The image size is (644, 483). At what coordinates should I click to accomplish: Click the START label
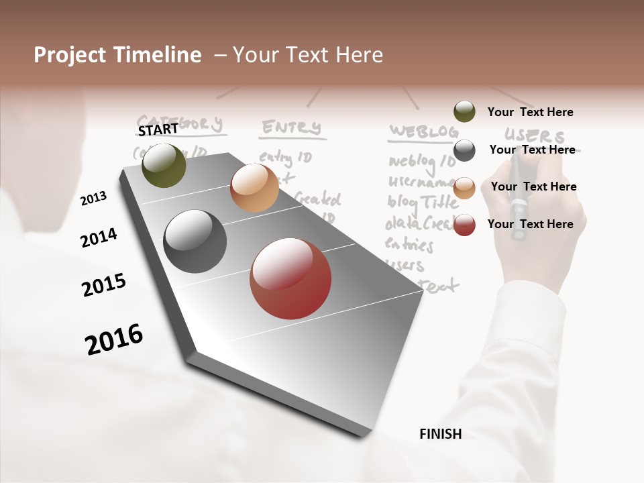pyautogui.click(x=158, y=129)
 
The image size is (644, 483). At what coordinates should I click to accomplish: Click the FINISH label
pyautogui.click(x=440, y=434)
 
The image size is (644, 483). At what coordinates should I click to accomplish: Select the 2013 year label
pyautogui.click(x=93, y=199)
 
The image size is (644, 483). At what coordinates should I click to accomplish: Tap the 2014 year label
pyautogui.click(x=99, y=237)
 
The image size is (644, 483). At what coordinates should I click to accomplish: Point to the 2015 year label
pyautogui.click(x=104, y=285)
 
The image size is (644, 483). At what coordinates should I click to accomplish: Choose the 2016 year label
pyautogui.click(x=114, y=339)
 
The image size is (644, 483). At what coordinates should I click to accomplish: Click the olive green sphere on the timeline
pyautogui.click(x=164, y=165)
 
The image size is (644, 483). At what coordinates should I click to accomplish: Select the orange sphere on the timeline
pyautogui.click(x=254, y=188)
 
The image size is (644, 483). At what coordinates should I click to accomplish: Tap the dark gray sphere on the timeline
pyautogui.click(x=195, y=241)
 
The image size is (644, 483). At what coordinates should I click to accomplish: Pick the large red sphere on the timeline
pyautogui.click(x=290, y=278)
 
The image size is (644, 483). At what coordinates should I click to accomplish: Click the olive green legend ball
pyautogui.click(x=464, y=111)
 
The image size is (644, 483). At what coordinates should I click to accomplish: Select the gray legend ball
pyautogui.click(x=464, y=150)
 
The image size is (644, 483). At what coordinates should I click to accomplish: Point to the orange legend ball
pyautogui.click(x=464, y=188)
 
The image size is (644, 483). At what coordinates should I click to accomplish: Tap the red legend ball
pyautogui.click(x=464, y=225)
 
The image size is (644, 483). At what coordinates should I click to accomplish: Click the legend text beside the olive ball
pyautogui.click(x=530, y=112)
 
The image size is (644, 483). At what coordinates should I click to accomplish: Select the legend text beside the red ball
pyautogui.click(x=530, y=224)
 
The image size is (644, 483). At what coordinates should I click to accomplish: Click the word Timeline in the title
pyautogui.click(x=160, y=55)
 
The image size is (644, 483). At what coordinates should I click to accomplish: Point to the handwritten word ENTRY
pyautogui.click(x=291, y=127)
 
